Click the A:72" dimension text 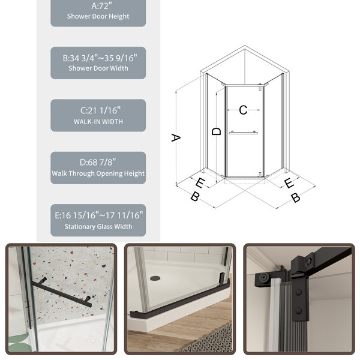pos(101,6)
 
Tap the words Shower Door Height pos(98,17)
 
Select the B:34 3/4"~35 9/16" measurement pos(100,58)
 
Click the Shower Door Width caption pos(98,68)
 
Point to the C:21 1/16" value pos(100,110)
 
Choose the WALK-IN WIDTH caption pos(98,122)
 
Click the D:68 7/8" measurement pos(98,163)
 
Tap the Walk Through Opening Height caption pos(98,173)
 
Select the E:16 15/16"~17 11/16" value pos(99,215)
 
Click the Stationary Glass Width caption pos(98,227)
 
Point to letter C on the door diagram pos(243,110)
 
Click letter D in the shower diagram pos(216,131)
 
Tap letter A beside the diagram pos(176,138)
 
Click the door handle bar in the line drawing pos(243,133)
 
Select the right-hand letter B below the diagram pos(296,197)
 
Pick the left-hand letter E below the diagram pos(200,183)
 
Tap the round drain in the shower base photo pos(155,278)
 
